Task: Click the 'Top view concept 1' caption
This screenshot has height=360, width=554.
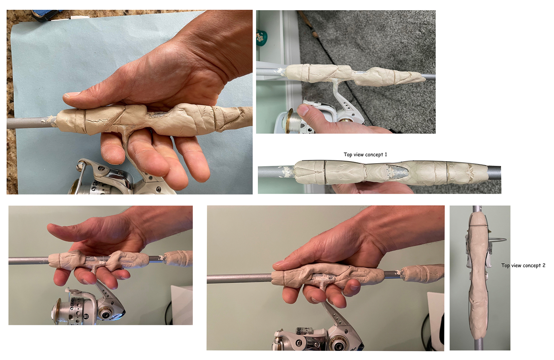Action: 365,154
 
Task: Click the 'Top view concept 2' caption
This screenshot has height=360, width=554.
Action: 523,265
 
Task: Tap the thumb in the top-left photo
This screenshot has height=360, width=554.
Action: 79,95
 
